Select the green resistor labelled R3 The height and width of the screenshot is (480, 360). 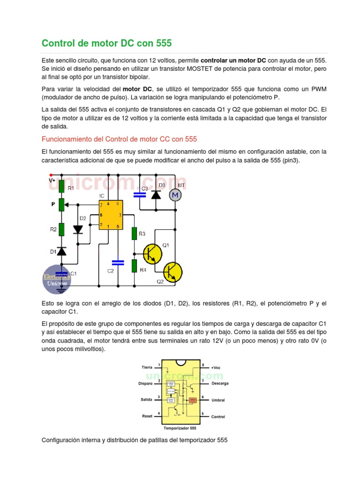134,233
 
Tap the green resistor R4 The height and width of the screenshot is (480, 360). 134,266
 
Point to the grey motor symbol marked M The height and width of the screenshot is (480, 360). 175,195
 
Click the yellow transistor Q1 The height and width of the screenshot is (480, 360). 152,254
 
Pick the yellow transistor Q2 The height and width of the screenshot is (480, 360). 172,272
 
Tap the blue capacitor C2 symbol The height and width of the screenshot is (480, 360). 118,262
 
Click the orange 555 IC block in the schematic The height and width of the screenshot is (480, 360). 111,215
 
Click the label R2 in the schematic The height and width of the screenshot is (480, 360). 54,229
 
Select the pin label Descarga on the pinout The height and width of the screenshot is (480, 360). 220,383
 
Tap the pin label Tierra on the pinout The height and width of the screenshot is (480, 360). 147,367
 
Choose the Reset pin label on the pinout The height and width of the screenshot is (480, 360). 147,416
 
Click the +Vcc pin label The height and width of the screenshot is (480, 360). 216,367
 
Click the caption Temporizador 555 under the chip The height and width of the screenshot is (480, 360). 180,428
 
